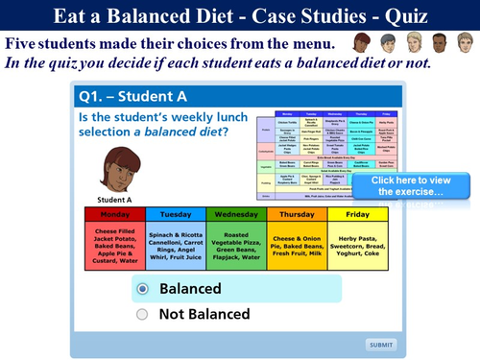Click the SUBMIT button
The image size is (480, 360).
[380, 345]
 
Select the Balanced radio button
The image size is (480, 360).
[143, 288]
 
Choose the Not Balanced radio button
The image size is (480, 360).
[143, 314]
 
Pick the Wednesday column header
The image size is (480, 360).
[237, 214]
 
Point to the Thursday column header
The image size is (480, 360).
[297, 214]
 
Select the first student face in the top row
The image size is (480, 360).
[362, 43]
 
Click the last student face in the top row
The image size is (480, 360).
[465, 43]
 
